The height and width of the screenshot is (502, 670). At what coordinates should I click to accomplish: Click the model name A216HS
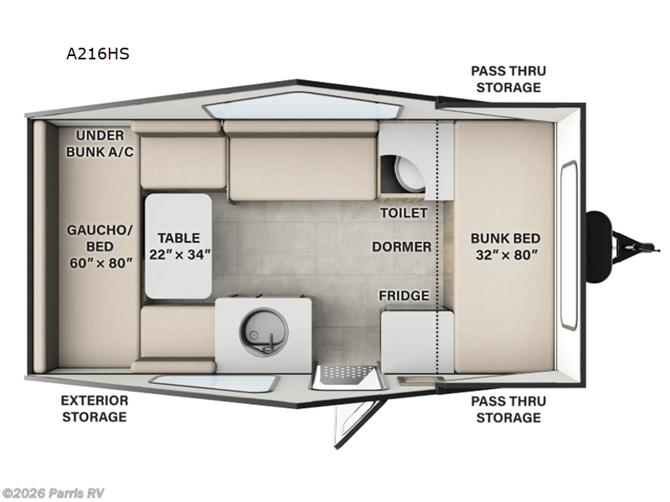97,54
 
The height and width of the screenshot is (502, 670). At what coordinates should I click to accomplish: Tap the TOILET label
403,213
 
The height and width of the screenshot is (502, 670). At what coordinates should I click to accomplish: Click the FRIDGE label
404,295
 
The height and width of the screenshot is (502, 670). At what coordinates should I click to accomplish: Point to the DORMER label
402,247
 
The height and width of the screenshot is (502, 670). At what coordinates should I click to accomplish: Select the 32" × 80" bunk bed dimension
503,254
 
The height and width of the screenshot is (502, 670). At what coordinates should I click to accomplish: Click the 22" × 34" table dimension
179,254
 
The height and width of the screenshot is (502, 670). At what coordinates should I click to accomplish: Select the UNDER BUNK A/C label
100,143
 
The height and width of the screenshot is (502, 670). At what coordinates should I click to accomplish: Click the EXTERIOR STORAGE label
94,408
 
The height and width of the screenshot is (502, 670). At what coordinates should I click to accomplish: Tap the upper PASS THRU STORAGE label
505,79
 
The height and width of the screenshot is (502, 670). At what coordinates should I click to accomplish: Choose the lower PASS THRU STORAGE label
505,409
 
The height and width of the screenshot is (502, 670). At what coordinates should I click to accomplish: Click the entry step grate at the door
343,375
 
